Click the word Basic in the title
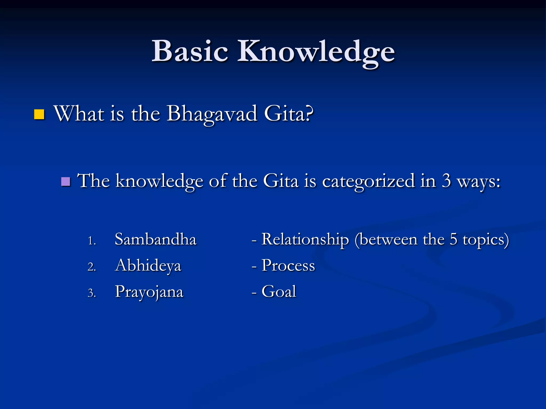click(x=190, y=51)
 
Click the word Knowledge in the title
click(x=316, y=52)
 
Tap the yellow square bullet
click(x=39, y=114)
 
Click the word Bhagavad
click(x=212, y=114)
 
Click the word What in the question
click(x=79, y=113)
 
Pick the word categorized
click(x=368, y=181)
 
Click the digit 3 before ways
click(x=446, y=181)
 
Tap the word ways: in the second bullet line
click(x=479, y=182)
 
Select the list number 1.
click(x=91, y=241)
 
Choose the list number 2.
click(x=91, y=267)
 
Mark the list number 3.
click(x=91, y=293)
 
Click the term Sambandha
click(x=155, y=239)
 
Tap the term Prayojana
click(x=149, y=292)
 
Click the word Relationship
click(x=305, y=239)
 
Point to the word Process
click(x=288, y=265)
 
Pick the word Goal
click(x=279, y=291)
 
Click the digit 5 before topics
click(x=453, y=239)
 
